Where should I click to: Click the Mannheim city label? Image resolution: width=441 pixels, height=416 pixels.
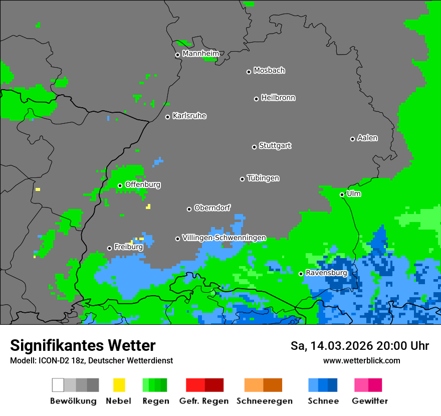(x=200, y=54)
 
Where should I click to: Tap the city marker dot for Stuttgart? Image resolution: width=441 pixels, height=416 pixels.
(x=255, y=147)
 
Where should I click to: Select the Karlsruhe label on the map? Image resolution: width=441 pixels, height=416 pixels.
(x=189, y=116)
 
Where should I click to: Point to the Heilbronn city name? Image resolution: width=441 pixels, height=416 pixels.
(x=278, y=98)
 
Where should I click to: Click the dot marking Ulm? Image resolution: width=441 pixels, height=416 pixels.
(x=342, y=194)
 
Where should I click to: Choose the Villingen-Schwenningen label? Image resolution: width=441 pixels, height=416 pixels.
(x=224, y=238)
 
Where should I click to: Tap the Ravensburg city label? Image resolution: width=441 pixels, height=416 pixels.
(x=326, y=273)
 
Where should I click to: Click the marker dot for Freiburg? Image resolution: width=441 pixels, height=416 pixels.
(x=109, y=248)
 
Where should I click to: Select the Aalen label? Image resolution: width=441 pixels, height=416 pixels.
(x=367, y=138)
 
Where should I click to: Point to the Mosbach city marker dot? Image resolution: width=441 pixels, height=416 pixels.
(x=249, y=72)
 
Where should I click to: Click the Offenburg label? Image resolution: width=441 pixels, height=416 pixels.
(x=143, y=184)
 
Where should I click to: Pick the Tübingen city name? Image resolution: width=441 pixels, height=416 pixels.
(x=263, y=178)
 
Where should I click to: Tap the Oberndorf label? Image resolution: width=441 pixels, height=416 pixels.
(x=212, y=208)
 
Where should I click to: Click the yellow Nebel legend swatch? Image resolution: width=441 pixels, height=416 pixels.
(x=119, y=385)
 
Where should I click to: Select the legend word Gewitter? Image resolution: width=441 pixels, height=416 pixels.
(x=370, y=401)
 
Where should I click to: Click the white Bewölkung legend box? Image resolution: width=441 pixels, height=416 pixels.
(x=58, y=385)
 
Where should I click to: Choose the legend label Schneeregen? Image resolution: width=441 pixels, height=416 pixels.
(x=264, y=401)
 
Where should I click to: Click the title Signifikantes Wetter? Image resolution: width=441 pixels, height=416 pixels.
(x=83, y=346)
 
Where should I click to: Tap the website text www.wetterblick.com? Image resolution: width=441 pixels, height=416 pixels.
(x=361, y=360)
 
